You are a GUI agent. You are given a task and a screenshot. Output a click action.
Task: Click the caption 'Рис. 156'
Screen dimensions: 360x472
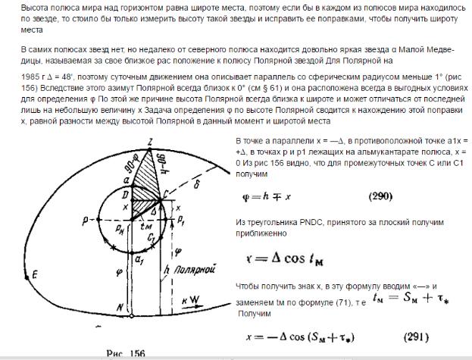[x=124, y=352]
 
